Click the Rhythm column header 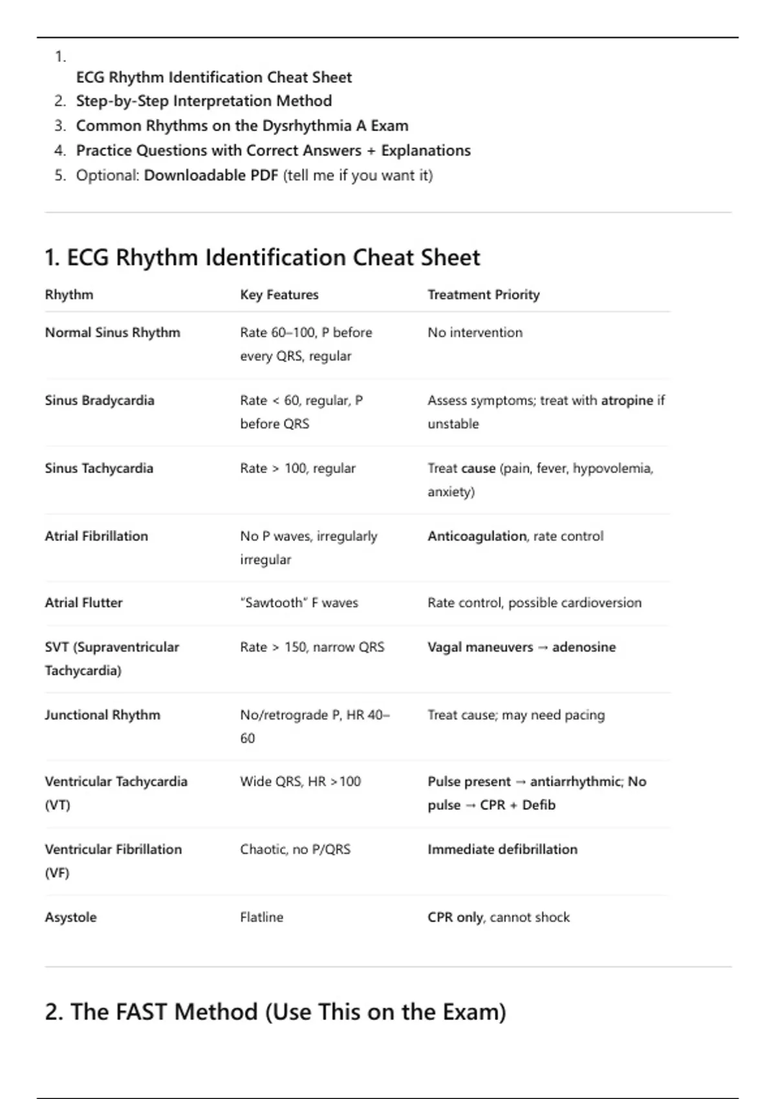(69, 295)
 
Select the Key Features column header (279, 295)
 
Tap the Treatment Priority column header (483, 295)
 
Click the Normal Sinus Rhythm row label (113, 332)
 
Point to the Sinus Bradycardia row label (100, 400)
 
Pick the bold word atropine (627, 400)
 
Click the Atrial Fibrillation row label (96, 536)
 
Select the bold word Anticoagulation (477, 536)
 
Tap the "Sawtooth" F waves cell (299, 603)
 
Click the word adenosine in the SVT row (584, 647)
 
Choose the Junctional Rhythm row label (102, 715)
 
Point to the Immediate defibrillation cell (502, 849)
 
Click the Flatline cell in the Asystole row (261, 917)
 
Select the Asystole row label (70, 917)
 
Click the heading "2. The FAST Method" (275, 1012)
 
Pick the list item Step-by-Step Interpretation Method (204, 101)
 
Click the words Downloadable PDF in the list (211, 175)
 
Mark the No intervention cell (475, 332)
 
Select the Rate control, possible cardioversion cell (534, 603)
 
